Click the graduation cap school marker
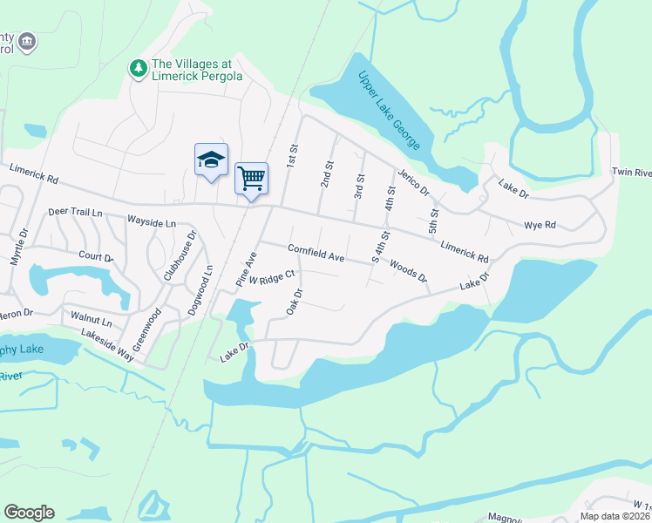pyautogui.click(x=210, y=160)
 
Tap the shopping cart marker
pyautogui.click(x=251, y=179)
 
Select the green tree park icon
pyautogui.click(x=138, y=67)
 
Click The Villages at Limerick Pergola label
pyautogui.click(x=197, y=70)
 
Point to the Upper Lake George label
pyautogui.click(x=390, y=108)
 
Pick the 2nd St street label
pyautogui.click(x=327, y=174)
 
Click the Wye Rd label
pyautogui.click(x=540, y=225)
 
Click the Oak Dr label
pyautogui.click(x=294, y=303)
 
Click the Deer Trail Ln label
pyautogui.click(x=75, y=212)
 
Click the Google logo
pyautogui.click(x=29, y=513)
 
